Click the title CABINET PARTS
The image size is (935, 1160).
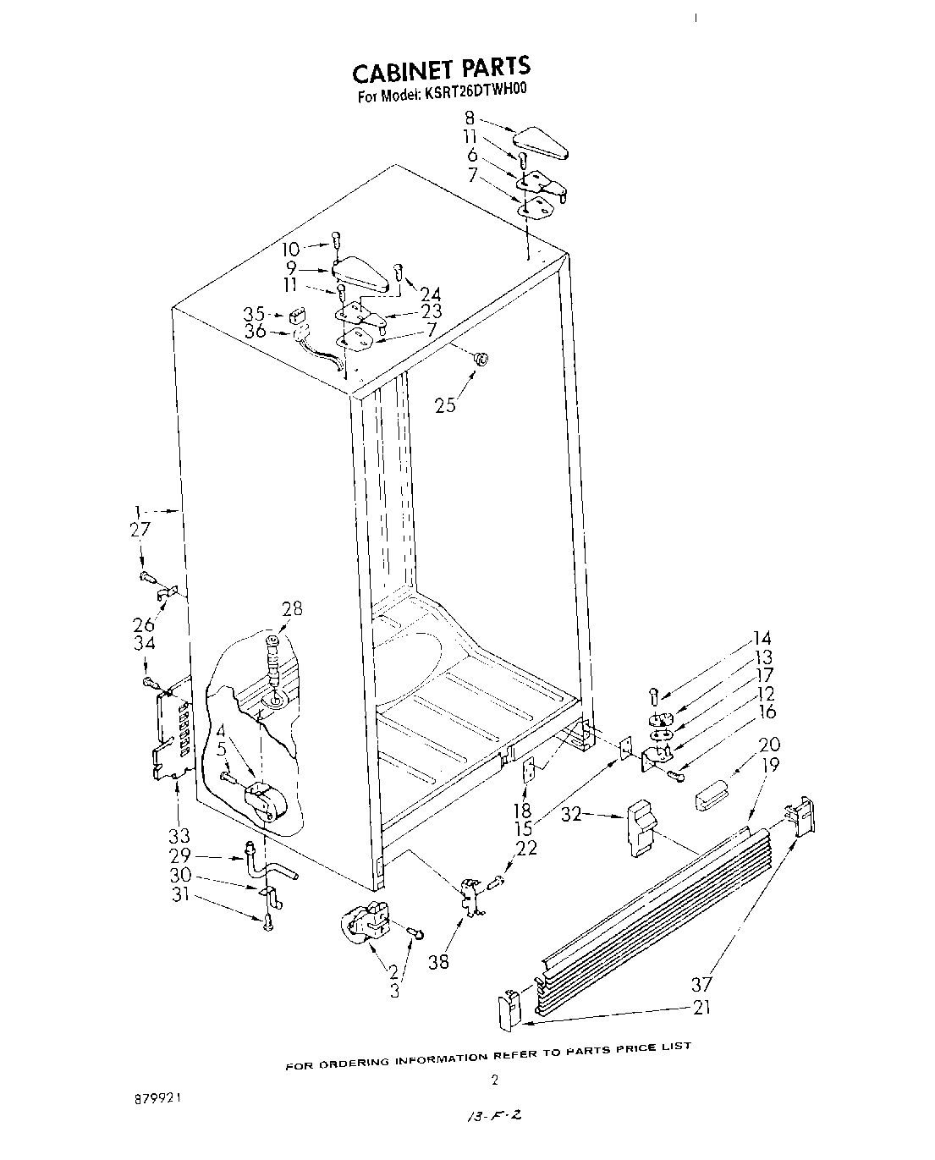(x=441, y=68)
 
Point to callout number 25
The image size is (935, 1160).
(x=445, y=404)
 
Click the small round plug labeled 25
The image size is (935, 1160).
(x=480, y=360)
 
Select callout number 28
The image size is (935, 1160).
(x=292, y=608)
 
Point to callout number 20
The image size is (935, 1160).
(x=769, y=745)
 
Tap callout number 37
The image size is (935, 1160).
(x=701, y=984)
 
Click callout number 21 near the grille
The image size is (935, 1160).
(x=701, y=1007)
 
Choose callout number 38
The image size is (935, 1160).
(x=439, y=961)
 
